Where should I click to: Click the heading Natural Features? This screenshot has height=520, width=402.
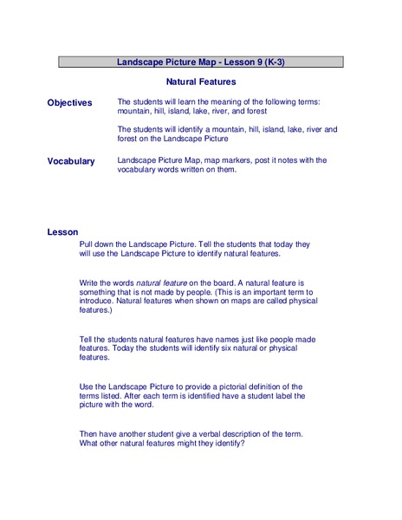pos(201,81)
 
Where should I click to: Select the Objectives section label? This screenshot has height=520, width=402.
pos(69,102)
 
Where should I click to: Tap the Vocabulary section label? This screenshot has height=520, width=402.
pos(71,161)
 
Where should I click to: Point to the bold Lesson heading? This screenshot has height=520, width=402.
pos(63,232)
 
